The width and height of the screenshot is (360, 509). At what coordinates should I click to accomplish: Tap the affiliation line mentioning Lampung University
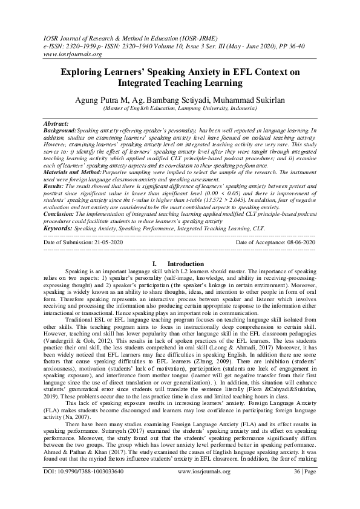click(180, 109)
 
